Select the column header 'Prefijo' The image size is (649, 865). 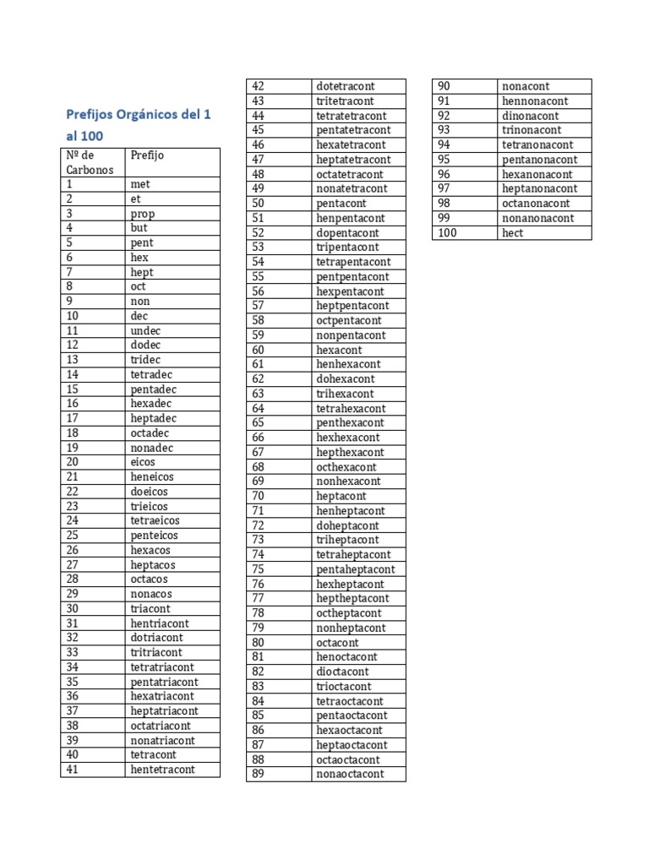148,155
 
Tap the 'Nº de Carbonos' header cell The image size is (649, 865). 84,162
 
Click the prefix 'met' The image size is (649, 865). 140,184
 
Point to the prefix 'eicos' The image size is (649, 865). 143,462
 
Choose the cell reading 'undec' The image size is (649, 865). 145,330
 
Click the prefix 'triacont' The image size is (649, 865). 150,608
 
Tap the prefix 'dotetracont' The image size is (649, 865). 346,86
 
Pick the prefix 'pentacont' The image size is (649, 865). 341,204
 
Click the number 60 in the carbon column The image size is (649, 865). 259,350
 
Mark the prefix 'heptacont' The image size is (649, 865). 341,496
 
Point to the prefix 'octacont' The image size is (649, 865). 338,643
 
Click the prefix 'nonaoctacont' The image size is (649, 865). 350,774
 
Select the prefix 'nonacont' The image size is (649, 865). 526,86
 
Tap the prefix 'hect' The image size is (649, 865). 513,233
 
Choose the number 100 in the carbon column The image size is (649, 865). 447,233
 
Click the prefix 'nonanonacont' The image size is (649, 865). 538,218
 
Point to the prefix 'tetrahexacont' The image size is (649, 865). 351,408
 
